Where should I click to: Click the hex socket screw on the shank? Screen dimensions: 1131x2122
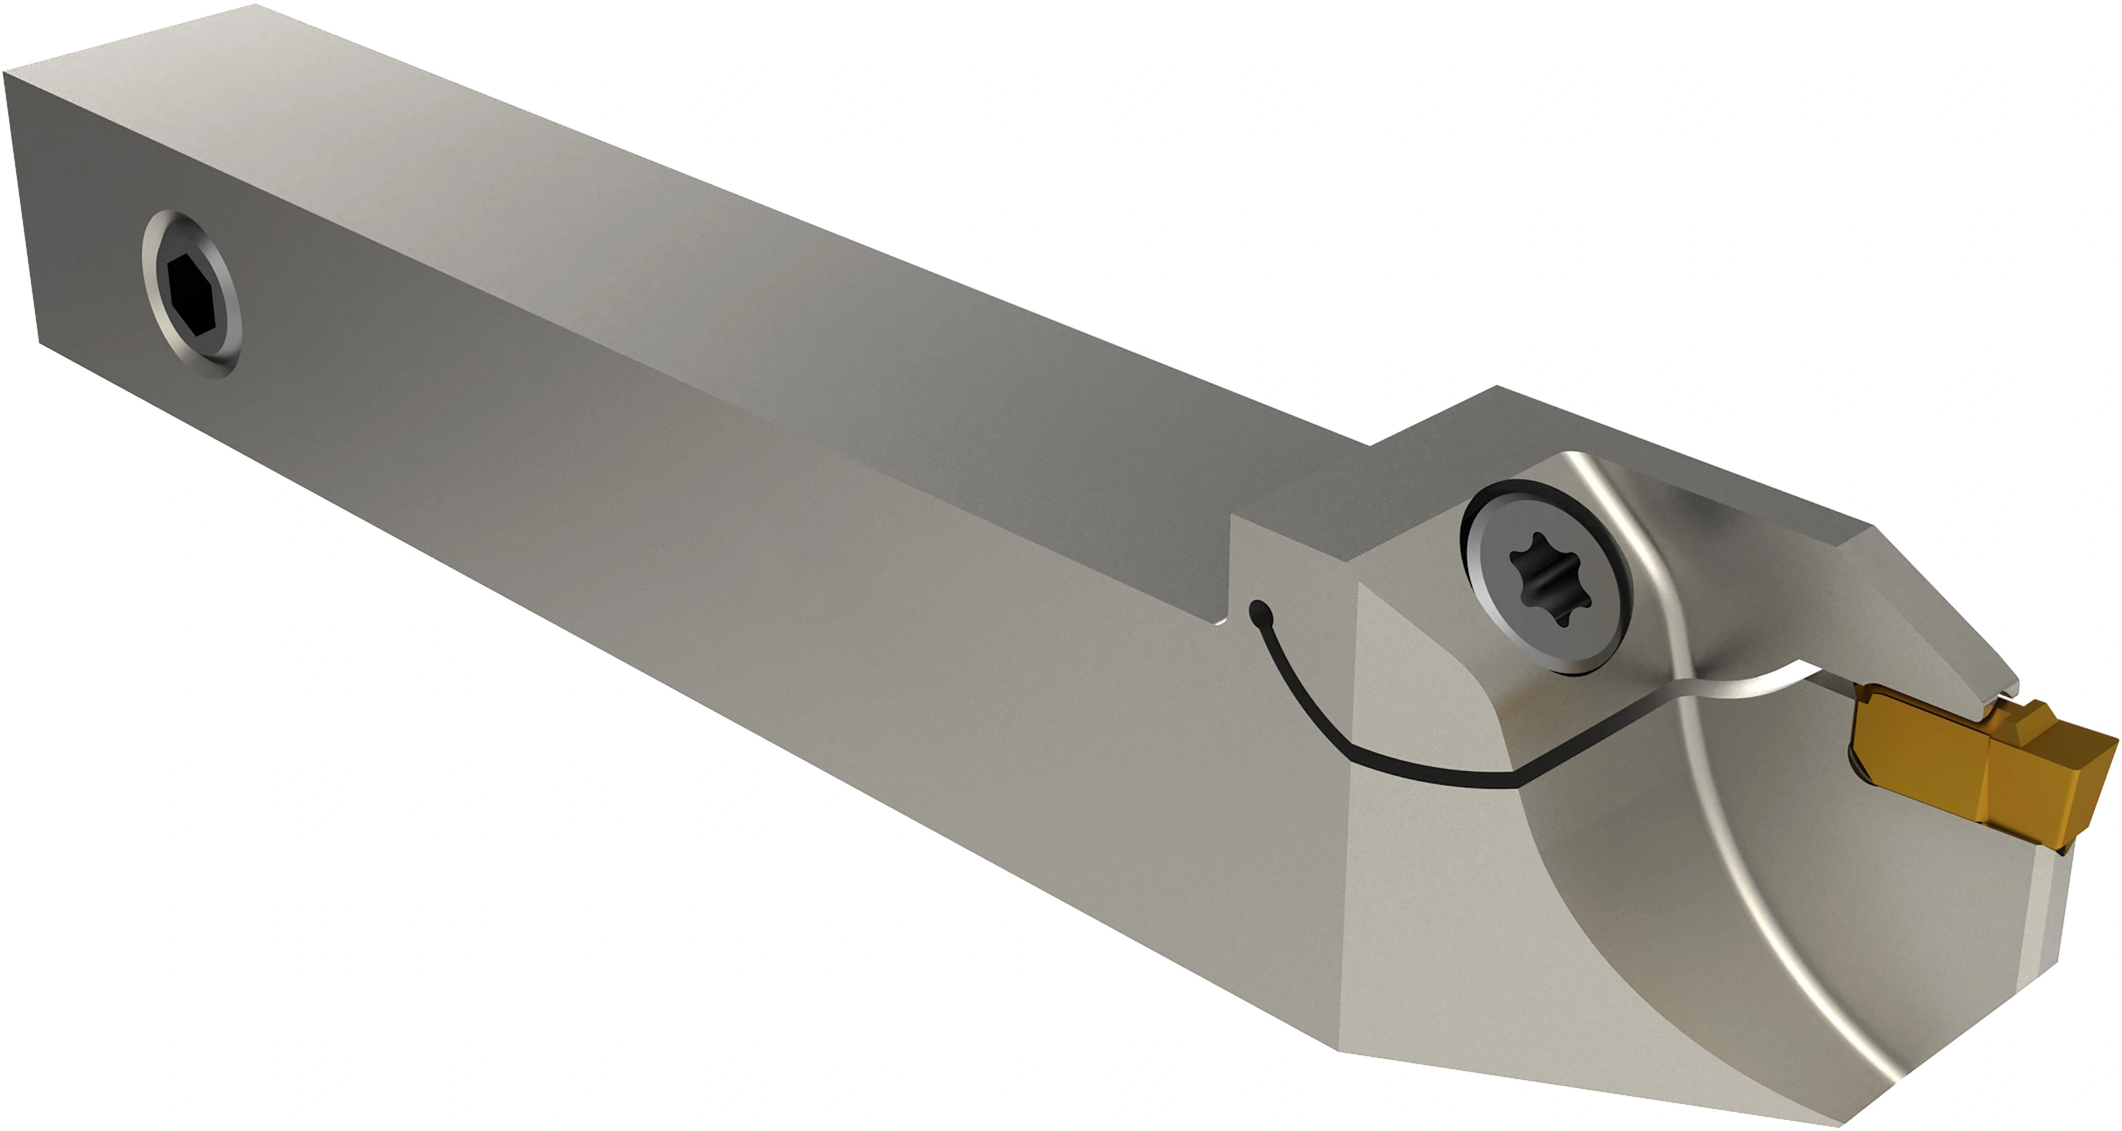coord(191,294)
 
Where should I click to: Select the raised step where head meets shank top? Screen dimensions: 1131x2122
coord(1433,428)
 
